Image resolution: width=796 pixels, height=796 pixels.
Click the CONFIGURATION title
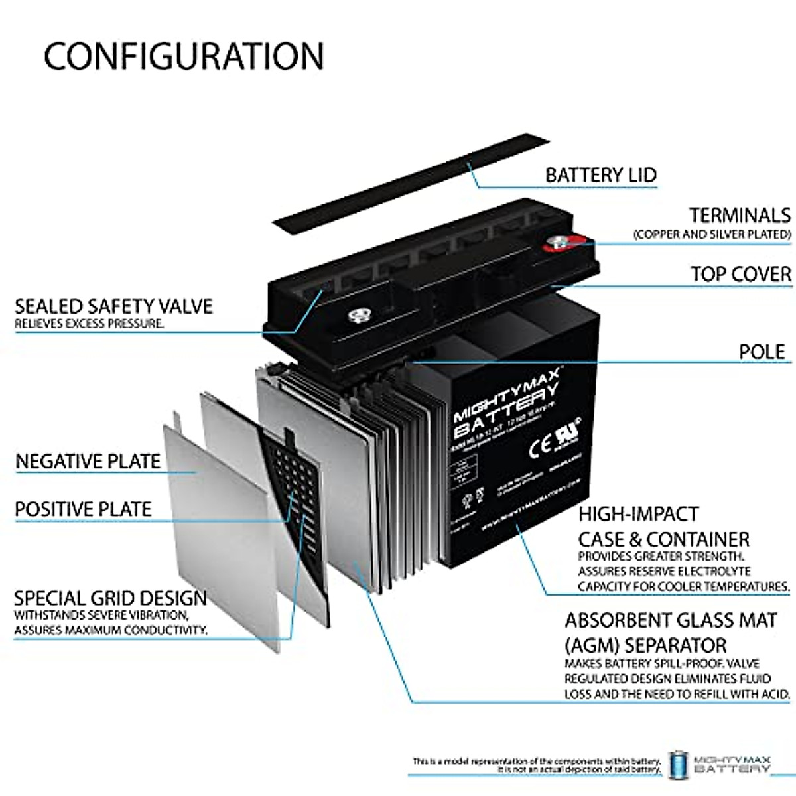pyautogui.click(x=184, y=56)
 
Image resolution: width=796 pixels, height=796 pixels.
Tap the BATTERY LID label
pyautogui.click(x=600, y=175)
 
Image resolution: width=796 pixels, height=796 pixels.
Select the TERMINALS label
pyautogui.click(x=739, y=216)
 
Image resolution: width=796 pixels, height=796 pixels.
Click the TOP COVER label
pyautogui.click(x=740, y=274)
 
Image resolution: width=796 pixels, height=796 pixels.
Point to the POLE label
pyautogui.click(x=762, y=352)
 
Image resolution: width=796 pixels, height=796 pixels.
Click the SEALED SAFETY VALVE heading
pyautogui.click(x=113, y=306)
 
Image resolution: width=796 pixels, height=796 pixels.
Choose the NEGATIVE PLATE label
pyautogui.click(x=88, y=462)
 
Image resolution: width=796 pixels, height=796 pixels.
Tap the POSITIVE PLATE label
pyautogui.click(x=83, y=509)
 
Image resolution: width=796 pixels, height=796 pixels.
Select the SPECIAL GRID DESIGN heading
pyautogui.click(x=110, y=598)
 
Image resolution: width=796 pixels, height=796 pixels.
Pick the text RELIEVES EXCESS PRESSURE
pyautogui.click(x=89, y=324)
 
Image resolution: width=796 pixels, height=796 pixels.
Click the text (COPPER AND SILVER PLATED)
pyautogui.click(x=712, y=234)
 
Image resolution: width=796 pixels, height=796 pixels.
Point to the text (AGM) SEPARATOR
pyautogui.click(x=645, y=645)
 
